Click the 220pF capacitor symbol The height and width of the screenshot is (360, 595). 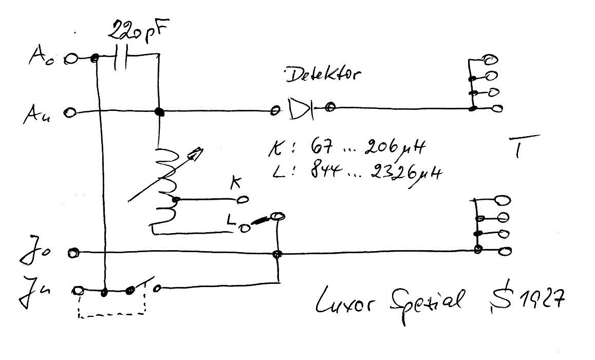tap(121, 59)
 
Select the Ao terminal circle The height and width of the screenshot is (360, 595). tap(71, 60)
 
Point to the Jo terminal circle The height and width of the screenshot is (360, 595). tap(74, 252)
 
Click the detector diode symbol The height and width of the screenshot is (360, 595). tap(301, 109)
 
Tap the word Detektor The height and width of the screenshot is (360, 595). tap(322, 76)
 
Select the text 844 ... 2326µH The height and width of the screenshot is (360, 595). tap(376, 173)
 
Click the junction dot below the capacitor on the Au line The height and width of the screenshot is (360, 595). tap(159, 112)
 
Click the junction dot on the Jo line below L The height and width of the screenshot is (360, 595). tap(277, 254)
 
